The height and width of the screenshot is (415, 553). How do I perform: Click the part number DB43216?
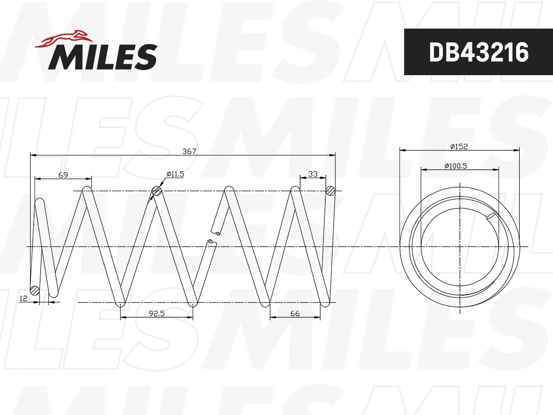(x=478, y=52)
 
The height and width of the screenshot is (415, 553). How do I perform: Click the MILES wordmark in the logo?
(x=102, y=57)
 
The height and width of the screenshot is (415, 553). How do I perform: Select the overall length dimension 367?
(x=189, y=151)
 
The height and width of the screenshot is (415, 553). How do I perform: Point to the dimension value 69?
(x=63, y=174)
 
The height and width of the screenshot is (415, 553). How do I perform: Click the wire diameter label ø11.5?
(x=175, y=174)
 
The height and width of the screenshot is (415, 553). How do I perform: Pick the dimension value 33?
(x=313, y=174)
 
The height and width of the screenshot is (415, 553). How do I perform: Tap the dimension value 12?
(x=23, y=299)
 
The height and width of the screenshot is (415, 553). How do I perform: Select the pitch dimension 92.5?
(x=157, y=314)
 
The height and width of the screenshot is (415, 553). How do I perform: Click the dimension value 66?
(x=295, y=314)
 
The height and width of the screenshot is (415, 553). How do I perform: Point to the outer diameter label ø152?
(x=459, y=146)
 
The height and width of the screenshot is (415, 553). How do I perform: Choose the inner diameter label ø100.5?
(x=456, y=166)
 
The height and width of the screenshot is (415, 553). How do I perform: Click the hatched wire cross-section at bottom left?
(x=34, y=290)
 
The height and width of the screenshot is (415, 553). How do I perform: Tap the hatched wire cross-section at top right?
(x=330, y=190)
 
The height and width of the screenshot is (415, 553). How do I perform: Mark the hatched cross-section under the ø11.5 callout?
(x=157, y=191)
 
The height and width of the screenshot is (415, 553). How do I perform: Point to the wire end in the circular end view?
(x=492, y=216)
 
